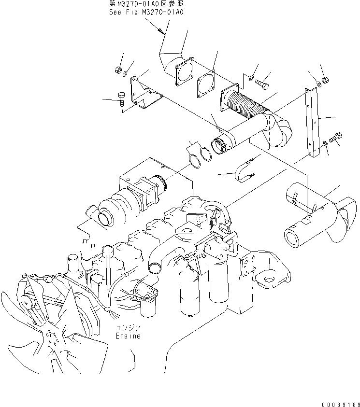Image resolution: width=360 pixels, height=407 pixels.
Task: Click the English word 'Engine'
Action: click(128, 336)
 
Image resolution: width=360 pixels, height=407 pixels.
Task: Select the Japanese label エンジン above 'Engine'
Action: click(128, 328)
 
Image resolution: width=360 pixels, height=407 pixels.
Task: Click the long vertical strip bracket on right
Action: click(313, 123)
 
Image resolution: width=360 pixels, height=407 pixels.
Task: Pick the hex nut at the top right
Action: click(324, 79)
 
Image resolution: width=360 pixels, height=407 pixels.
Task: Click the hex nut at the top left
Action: click(117, 70)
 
